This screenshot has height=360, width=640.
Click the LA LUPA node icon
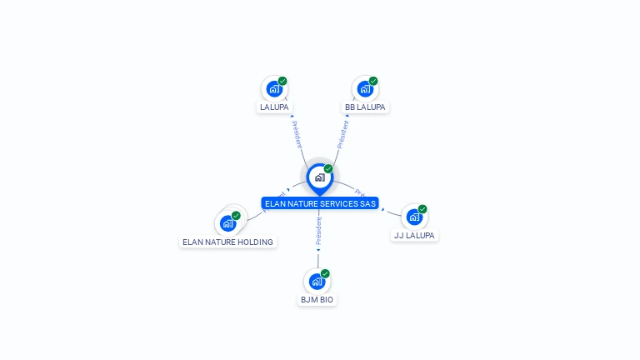pos(274,88)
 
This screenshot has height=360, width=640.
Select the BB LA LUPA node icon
pos(365,88)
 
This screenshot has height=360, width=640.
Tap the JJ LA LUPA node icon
pos(414,217)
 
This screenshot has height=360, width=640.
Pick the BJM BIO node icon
pos(317,281)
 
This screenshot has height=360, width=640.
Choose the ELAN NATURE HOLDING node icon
pos(227,223)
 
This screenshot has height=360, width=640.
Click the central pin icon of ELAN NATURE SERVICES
pos(319,177)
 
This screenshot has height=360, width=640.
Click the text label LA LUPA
pos(274,107)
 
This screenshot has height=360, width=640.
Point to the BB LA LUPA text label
pos(365,107)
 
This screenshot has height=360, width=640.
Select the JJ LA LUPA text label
pos(414,236)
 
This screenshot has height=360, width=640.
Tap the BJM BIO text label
pos(317,300)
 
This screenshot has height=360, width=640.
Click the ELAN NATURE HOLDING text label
pos(227,242)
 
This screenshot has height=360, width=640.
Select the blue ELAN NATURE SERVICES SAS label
pos(320,203)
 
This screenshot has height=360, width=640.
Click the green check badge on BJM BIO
pos(325,273)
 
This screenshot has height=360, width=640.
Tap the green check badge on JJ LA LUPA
pos(422,209)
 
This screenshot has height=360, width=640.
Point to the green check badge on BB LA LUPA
pos(373,81)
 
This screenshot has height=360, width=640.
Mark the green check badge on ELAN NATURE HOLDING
pos(236,216)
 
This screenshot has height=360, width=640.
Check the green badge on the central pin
pos(328,169)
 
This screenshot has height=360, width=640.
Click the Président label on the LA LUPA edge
pos(297,134)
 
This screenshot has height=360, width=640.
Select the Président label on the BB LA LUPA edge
pos(342,134)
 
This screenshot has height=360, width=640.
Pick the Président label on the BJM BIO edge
pos(318,232)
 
